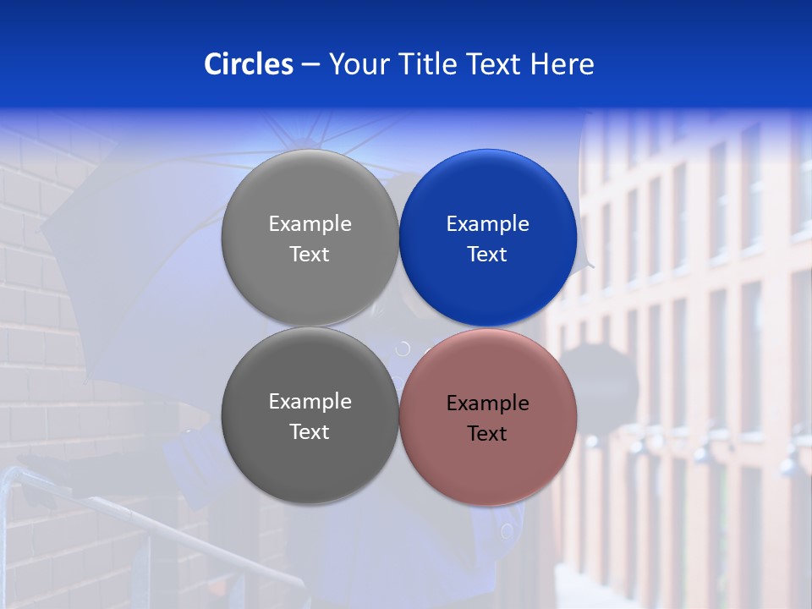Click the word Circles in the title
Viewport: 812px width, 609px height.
(x=249, y=63)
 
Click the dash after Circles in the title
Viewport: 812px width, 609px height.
(x=310, y=65)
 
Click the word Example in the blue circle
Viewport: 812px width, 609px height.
(x=487, y=224)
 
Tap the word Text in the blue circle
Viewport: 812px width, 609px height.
(x=487, y=255)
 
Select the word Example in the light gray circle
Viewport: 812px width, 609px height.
(x=310, y=224)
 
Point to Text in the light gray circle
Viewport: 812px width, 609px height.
(x=310, y=255)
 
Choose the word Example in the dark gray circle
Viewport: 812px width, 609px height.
(x=310, y=402)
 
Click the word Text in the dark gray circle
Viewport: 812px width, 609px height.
(x=310, y=432)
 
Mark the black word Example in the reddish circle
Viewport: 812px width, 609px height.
(x=487, y=403)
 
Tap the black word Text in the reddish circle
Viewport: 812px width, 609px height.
(x=487, y=434)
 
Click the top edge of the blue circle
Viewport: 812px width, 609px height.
(x=488, y=151)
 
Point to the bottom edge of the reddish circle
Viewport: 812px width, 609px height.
(x=488, y=505)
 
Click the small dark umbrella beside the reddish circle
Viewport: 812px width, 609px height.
(x=606, y=381)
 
